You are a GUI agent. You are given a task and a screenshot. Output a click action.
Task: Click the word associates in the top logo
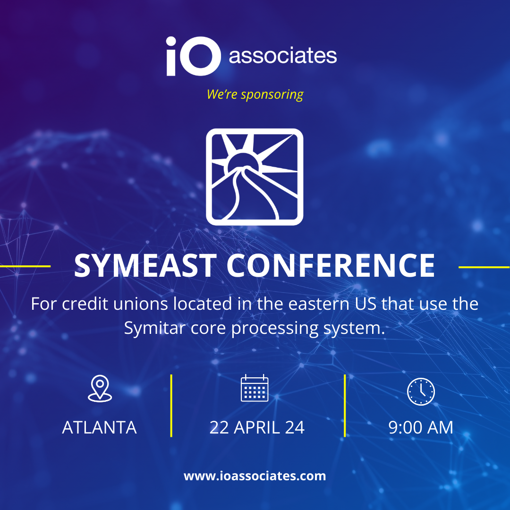tap(283, 56)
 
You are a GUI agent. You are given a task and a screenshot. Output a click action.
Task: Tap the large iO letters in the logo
tap(193, 56)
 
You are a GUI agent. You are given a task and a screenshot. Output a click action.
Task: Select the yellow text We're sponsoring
tap(255, 94)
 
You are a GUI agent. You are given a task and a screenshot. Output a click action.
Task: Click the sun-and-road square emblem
tap(255, 177)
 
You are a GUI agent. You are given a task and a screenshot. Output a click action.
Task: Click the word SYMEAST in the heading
tap(145, 266)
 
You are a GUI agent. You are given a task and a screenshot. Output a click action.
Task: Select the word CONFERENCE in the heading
tap(331, 266)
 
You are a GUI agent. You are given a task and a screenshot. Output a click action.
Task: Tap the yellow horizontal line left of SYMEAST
tap(25, 266)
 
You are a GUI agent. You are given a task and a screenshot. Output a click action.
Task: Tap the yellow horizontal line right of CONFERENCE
tap(484, 267)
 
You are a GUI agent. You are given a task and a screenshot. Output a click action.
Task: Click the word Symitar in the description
tap(155, 328)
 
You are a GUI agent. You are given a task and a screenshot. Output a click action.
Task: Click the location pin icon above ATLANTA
tap(100, 389)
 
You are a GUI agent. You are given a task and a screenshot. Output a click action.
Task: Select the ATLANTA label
tap(99, 427)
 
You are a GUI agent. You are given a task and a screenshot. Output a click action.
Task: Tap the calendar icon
tap(255, 388)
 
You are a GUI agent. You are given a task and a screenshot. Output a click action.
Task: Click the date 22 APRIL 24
tap(257, 427)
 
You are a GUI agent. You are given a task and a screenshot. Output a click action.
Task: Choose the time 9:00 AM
tap(421, 427)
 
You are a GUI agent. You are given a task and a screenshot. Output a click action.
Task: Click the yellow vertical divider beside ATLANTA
tap(171, 406)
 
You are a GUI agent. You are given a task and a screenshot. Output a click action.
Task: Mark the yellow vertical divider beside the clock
tap(345, 406)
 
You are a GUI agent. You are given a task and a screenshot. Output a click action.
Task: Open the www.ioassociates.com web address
tap(255, 476)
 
